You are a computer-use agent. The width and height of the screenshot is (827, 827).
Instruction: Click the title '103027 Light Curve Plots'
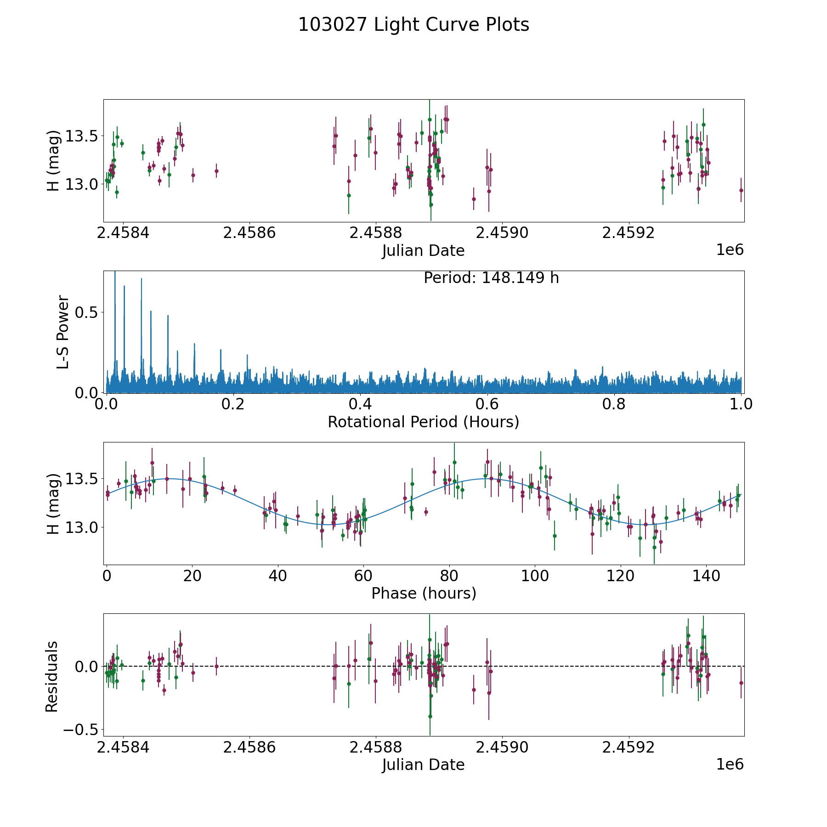pos(413,25)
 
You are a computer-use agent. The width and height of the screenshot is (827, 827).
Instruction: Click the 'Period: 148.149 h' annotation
pos(491,278)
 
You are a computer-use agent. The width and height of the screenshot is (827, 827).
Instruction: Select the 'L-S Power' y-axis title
pos(63,332)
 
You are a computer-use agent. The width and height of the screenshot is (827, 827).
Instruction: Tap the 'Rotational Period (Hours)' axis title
pos(423,422)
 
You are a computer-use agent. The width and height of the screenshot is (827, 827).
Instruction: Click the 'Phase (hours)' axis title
pos(423,593)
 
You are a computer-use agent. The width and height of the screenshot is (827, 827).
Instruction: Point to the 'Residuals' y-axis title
pos(52,676)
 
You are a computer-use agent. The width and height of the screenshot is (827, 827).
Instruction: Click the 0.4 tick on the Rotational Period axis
pos(360,404)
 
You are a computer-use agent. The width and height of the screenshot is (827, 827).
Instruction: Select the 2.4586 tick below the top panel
pos(249,233)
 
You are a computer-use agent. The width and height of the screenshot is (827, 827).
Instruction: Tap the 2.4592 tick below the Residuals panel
pos(628,747)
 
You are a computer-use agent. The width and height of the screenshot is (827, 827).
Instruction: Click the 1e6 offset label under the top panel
pos(730,250)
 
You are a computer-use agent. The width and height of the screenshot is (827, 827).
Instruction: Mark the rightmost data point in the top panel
pos(741,190)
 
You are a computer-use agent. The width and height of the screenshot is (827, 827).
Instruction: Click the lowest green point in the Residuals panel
pos(430,716)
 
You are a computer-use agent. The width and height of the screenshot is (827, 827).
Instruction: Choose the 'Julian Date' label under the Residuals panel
pos(423,765)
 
